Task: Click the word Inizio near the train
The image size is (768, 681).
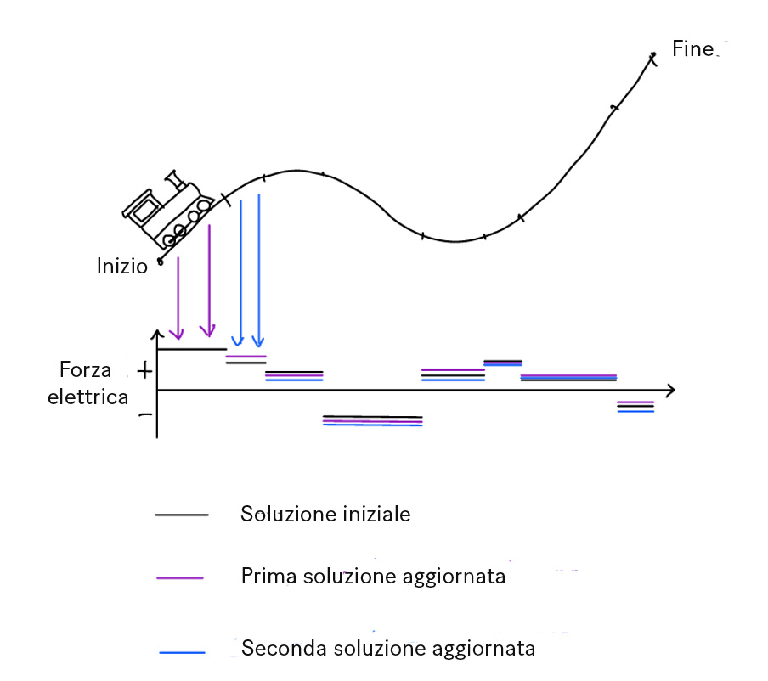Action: pos(122,266)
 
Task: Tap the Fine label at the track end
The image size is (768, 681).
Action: pos(692,48)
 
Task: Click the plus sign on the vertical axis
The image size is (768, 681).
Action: pos(144,370)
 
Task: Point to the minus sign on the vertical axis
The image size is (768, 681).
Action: pos(144,414)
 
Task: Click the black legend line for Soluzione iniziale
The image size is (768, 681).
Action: pos(181,515)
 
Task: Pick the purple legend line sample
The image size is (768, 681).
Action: pos(180,577)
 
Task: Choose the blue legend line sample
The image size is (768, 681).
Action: pos(182,651)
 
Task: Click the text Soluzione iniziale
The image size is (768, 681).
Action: pos(325,514)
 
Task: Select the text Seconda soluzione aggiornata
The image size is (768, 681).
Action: pos(388,649)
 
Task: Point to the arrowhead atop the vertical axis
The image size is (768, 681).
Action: pos(157,333)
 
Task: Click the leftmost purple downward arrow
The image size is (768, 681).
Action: pos(178,297)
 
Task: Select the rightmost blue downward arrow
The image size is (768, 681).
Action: pos(258,272)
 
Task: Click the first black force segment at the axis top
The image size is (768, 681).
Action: pos(192,349)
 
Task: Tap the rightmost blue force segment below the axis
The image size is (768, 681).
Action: pos(635,412)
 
